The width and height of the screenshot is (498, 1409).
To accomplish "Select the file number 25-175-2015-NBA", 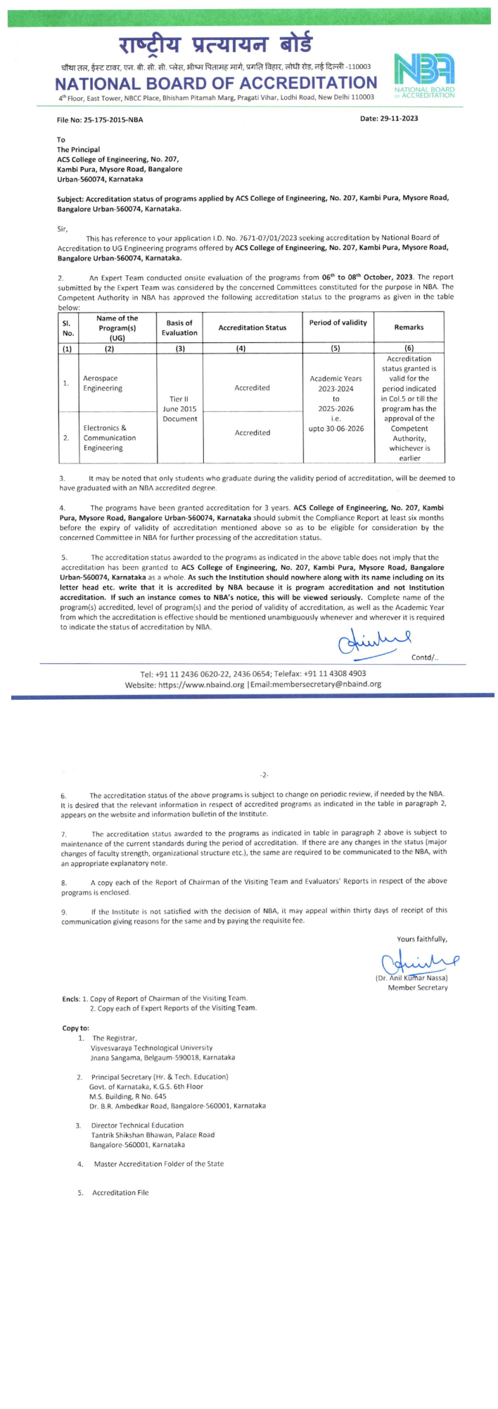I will pyautogui.click(x=100, y=120).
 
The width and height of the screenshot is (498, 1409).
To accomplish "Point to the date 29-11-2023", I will pyautogui.click(x=389, y=118).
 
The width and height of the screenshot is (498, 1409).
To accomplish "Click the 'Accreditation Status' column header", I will pyautogui.click(x=252, y=327).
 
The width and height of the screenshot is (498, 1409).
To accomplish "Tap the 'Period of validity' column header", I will pyautogui.click(x=338, y=322).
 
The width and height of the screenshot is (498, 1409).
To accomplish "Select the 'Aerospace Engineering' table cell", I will pyautogui.click(x=102, y=383).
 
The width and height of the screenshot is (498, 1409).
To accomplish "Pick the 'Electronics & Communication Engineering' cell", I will pyautogui.click(x=109, y=437).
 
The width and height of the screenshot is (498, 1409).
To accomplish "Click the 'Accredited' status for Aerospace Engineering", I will pyautogui.click(x=252, y=387).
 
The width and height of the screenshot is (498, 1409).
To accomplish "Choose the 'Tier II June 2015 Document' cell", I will pyautogui.click(x=179, y=408).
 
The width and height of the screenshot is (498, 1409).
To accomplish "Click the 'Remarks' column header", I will pyautogui.click(x=409, y=327).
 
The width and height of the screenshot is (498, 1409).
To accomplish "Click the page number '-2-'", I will pyautogui.click(x=264, y=775).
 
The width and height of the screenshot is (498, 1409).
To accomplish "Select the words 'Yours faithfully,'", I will pyautogui.click(x=422, y=939).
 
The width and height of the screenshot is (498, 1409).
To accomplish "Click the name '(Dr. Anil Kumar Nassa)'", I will pyautogui.click(x=411, y=977).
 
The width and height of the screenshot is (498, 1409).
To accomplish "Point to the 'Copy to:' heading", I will pyautogui.click(x=76, y=1028).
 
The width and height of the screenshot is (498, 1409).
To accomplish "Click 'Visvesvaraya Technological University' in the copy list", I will pyautogui.click(x=151, y=1048).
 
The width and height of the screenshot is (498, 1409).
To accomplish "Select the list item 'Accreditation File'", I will pyautogui.click(x=120, y=1193).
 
